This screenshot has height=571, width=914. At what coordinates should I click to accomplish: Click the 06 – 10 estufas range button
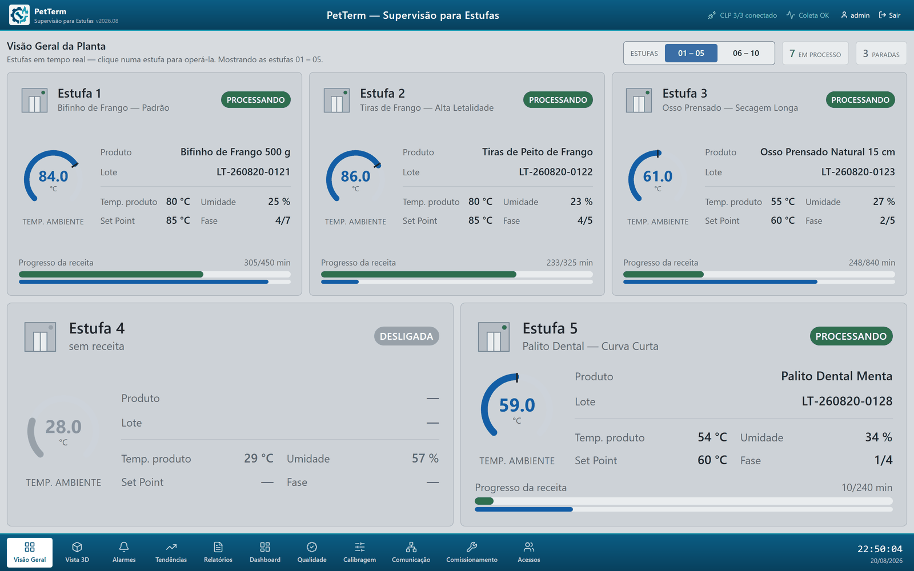[745, 53]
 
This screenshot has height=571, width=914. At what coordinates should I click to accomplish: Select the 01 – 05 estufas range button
[691, 53]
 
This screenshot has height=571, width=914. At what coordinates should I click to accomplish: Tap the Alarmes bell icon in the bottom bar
[124, 547]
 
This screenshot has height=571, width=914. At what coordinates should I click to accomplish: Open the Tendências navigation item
[171, 553]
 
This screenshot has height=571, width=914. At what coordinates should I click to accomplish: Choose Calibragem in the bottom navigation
[359, 553]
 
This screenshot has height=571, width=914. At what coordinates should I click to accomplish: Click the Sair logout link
[889, 15]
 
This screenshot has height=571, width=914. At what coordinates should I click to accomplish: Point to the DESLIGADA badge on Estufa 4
[406, 336]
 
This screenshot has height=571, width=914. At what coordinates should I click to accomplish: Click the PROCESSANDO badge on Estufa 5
[851, 336]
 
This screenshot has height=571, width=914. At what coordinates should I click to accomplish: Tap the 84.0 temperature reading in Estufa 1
[53, 176]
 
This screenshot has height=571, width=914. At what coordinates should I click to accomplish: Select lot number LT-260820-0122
[555, 172]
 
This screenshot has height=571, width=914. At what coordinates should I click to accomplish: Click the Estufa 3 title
[684, 94]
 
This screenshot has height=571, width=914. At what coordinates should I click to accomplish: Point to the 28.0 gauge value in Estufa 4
[63, 427]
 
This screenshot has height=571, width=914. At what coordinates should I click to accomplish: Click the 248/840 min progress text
[872, 263]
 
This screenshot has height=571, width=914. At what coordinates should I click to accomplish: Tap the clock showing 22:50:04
[880, 549]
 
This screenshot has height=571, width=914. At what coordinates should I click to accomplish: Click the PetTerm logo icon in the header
[19, 15]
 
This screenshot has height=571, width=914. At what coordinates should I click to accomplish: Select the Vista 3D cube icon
[77, 547]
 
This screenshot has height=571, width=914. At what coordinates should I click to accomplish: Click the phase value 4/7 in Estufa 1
[282, 220]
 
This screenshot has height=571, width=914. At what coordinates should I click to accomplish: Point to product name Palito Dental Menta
[836, 376]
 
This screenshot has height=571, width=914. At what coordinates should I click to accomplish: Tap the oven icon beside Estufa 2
[336, 100]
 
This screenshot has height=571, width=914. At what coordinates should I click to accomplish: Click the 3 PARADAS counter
[881, 54]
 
